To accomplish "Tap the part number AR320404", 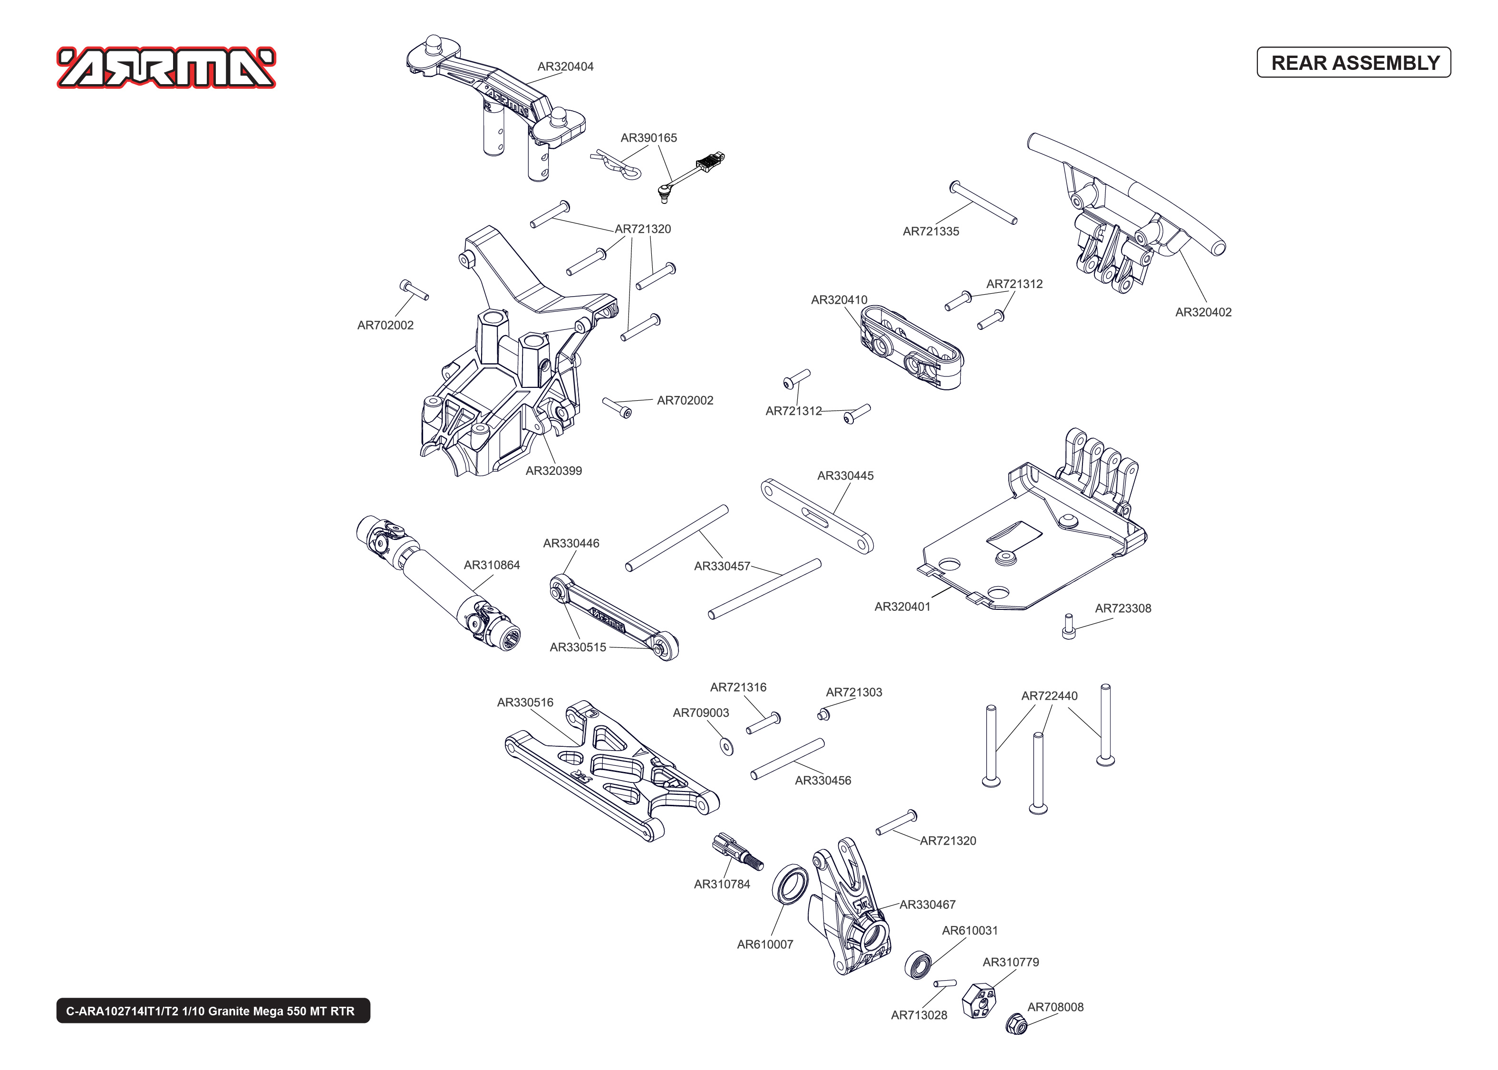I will (x=565, y=67).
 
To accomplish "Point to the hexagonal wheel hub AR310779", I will (x=978, y=1000).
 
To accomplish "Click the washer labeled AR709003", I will (x=726, y=746).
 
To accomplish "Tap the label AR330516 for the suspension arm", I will (x=524, y=703).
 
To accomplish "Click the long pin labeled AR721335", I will (x=983, y=203).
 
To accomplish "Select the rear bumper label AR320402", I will (x=1202, y=312).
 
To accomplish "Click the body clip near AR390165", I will (x=616, y=165).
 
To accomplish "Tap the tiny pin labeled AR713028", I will (x=944, y=983).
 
